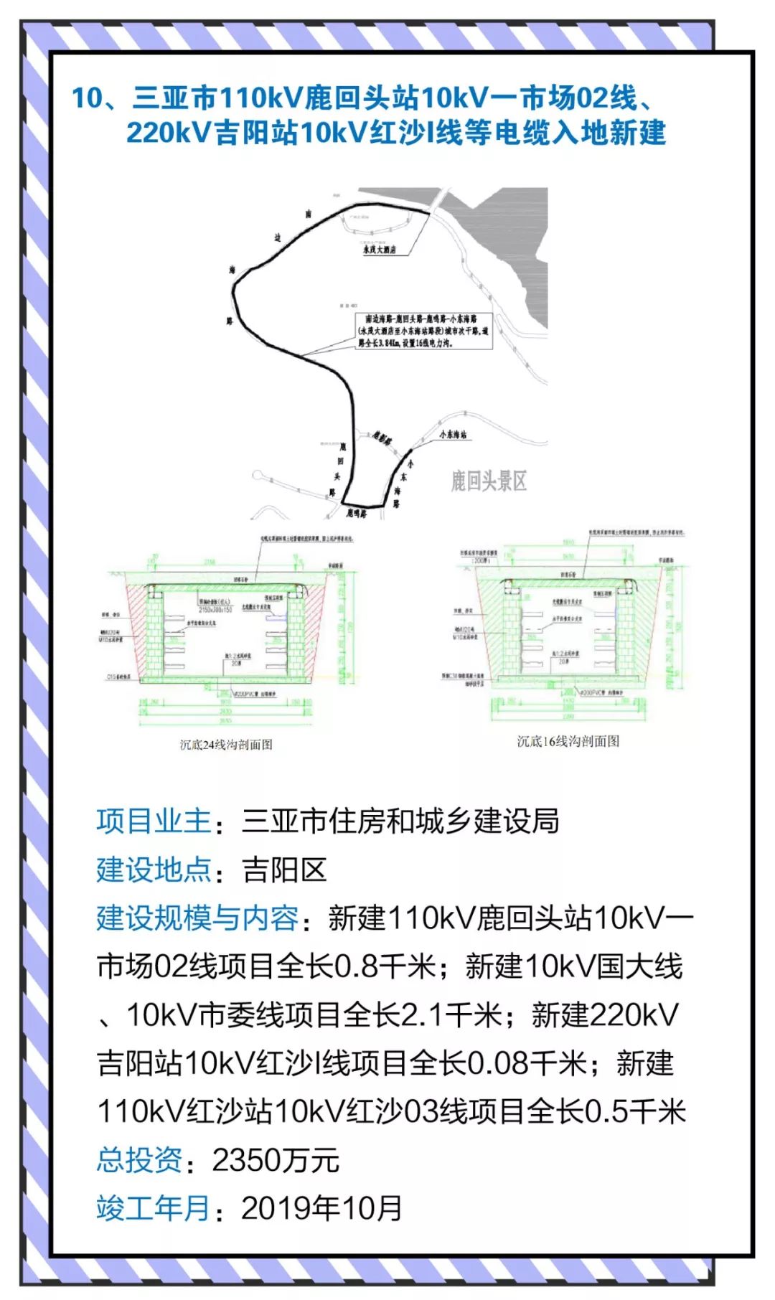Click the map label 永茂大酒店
click(x=380, y=250)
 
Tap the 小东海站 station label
click(x=453, y=434)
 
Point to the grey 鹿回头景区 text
click(x=489, y=481)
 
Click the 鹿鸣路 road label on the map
click(x=356, y=514)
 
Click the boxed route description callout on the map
click(x=424, y=330)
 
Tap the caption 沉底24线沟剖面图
click(x=226, y=745)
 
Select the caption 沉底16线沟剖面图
click(x=568, y=741)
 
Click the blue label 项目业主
click(x=154, y=821)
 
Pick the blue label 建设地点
click(x=154, y=870)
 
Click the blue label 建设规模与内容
click(x=197, y=918)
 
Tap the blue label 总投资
click(x=139, y=1160)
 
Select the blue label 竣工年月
click(x=154, y=1208)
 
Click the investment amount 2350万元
click(x=276, y=1160)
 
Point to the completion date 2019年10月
click(x=321, y=1208)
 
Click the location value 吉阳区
click(x=285, y=870)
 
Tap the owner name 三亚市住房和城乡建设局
click(x=400, y=821)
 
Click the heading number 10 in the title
click(x=88, y=98)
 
